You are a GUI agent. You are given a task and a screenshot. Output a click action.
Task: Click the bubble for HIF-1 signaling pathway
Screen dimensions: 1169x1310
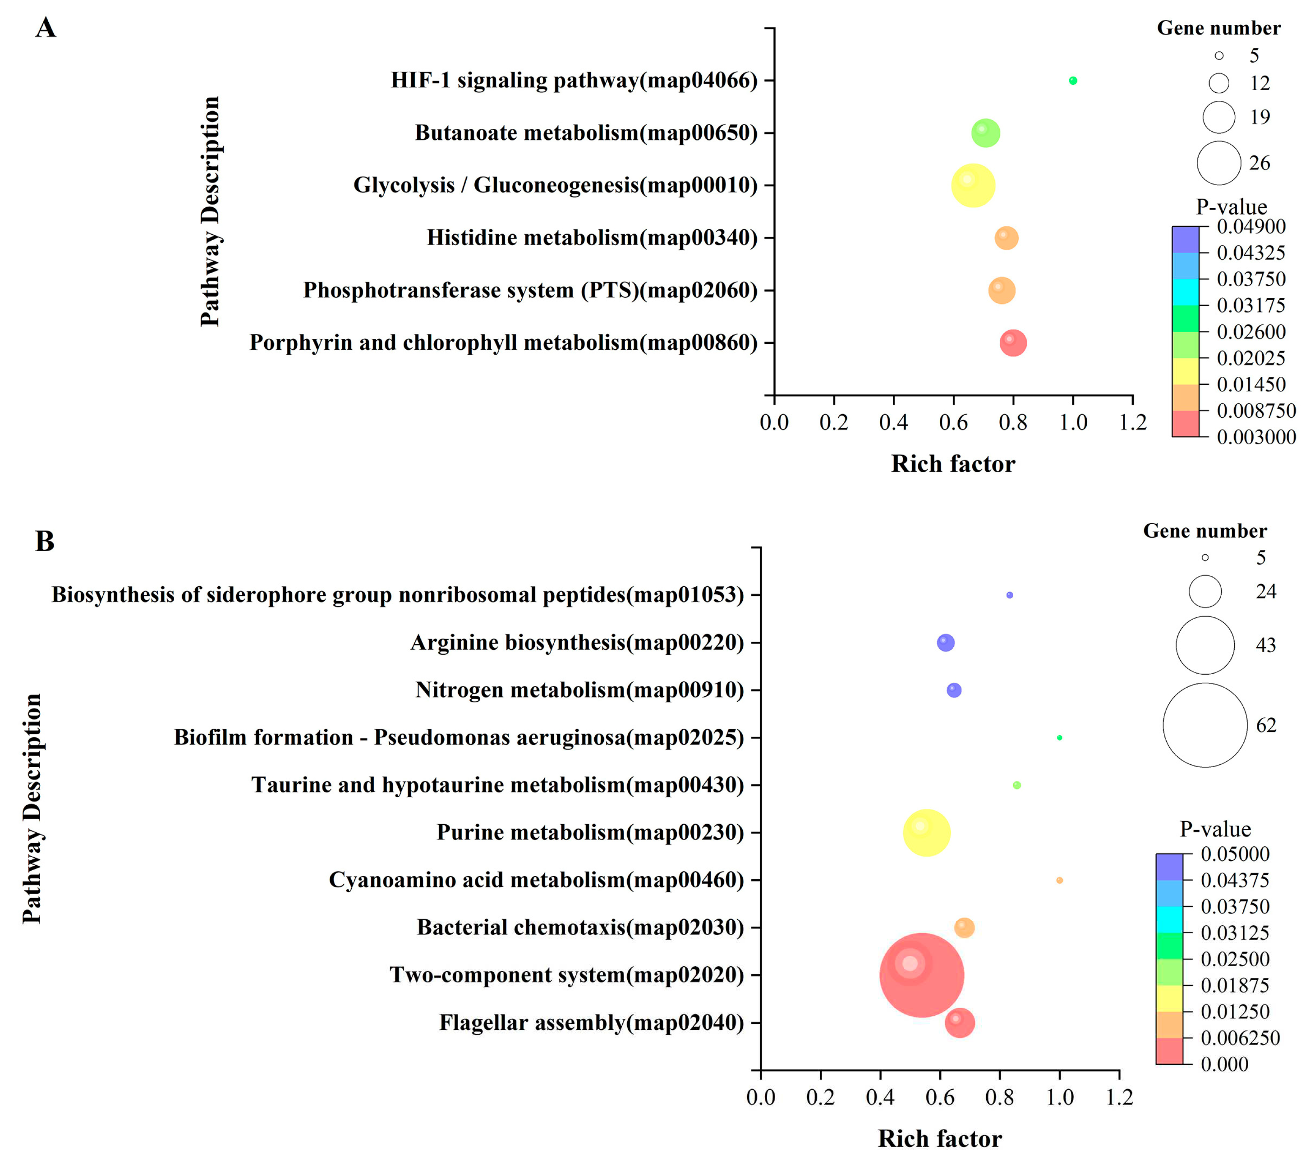[x=1073, y=81]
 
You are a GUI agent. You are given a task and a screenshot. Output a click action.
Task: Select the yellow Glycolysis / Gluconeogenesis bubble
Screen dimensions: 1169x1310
[x=973, y=186]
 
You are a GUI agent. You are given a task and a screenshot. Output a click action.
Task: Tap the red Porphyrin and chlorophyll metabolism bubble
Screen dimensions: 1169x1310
[x=1013, y=343]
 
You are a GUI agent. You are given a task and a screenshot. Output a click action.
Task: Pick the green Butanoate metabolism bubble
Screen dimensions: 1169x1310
[x=985, y=133]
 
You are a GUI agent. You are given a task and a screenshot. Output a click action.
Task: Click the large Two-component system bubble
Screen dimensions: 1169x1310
[x=922, y=975]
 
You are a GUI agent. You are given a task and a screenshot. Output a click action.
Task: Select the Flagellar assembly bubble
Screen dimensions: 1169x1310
[x=959, y=1023]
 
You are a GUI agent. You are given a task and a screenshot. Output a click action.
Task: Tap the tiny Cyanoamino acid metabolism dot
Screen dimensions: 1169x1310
[x=1059, y=880]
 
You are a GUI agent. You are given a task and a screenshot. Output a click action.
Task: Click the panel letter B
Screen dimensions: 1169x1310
[x=44, y=542]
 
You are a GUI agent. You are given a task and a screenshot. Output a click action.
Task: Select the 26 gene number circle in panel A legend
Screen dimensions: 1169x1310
[x=1219, y=163]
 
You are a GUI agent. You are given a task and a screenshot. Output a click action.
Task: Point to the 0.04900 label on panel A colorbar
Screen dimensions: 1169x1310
[x=1251, y=226]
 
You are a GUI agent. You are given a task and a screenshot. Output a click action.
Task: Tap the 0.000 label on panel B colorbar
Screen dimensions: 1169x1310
[x=1224, y=1064]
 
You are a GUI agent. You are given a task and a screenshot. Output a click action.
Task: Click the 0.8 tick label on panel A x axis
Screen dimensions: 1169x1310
[x=1013, y=423]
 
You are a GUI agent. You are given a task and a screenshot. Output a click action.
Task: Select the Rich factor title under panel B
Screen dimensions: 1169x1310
[x=940, y=1138]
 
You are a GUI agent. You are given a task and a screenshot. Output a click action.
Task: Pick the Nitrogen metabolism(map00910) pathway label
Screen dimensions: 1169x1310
[x=579, y=690]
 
